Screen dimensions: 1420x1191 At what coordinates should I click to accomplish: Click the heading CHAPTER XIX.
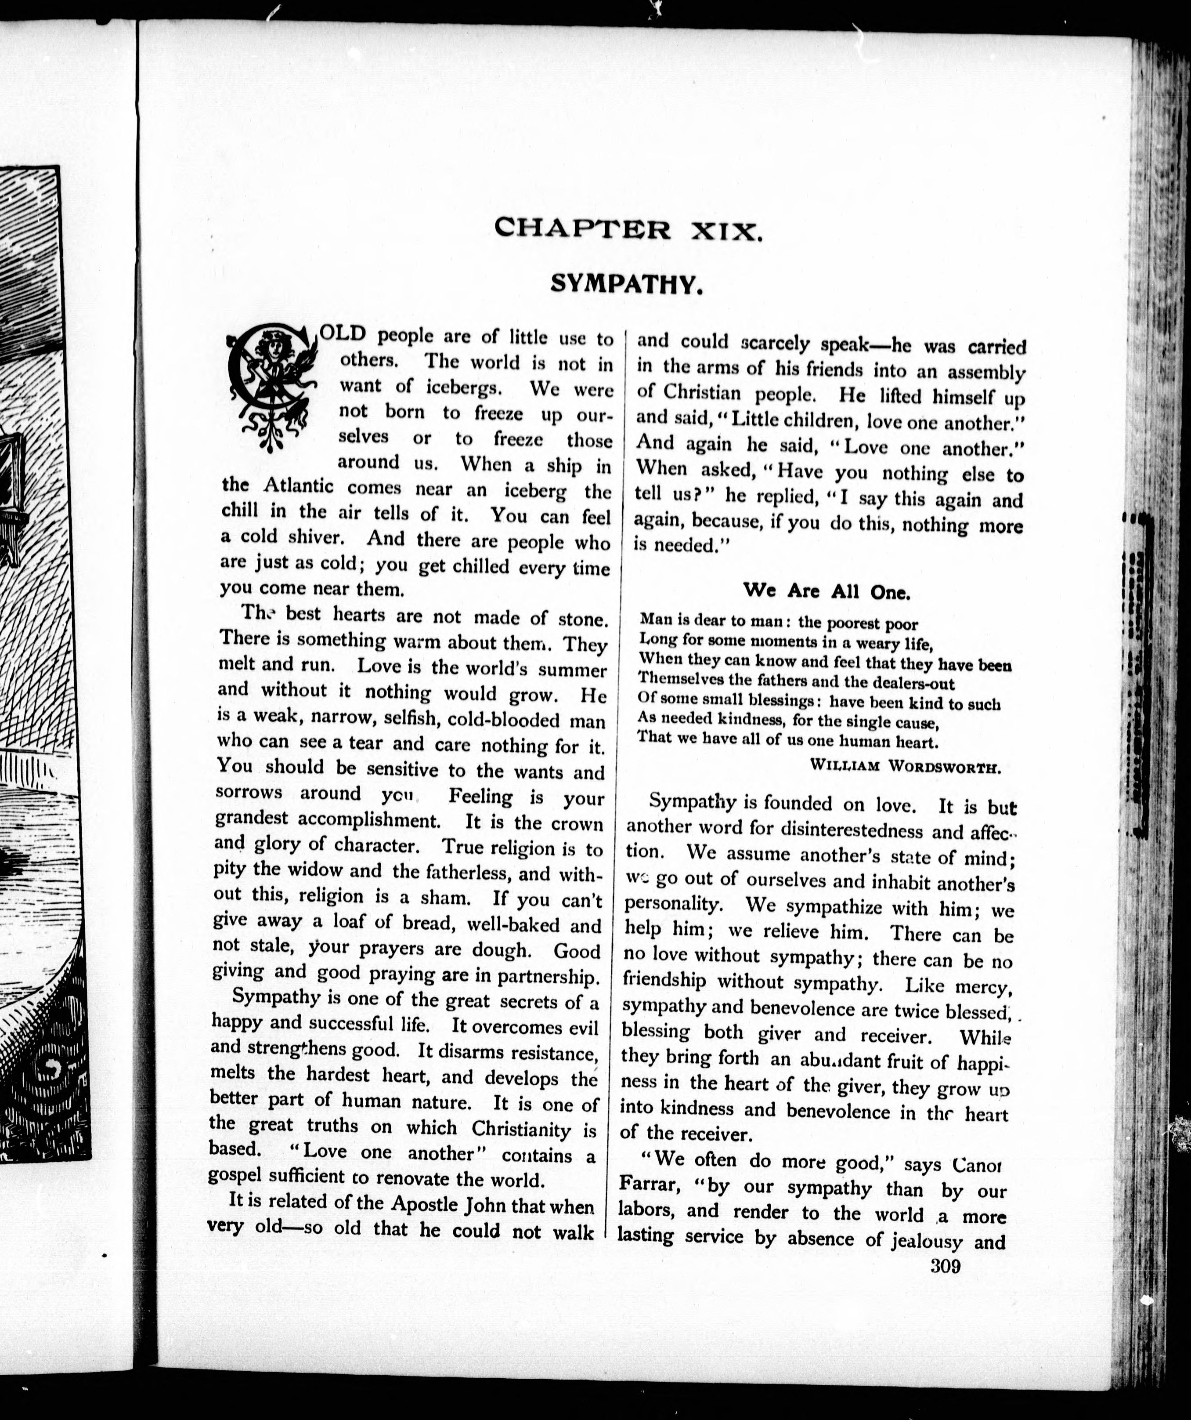(x=628, y=229)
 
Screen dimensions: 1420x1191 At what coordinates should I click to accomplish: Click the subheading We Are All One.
(x=826, y=591)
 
